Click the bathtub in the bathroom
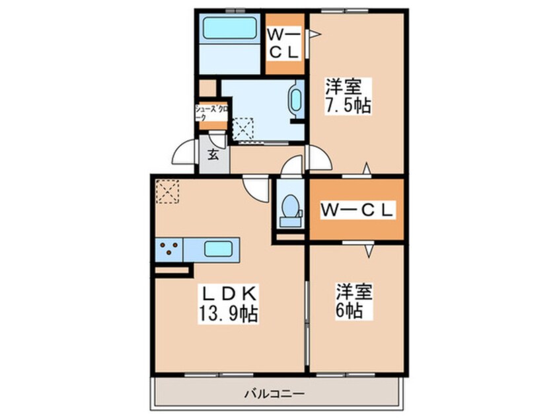click(x=229, y=30)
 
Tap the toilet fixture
click(x=289, y=208)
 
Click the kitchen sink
click(x=217, y=249)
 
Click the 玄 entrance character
click(x=213, y=156)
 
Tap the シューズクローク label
click(x=210, y=111)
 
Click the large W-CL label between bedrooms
click(x=357, y=210)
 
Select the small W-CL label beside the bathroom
click(x=284, y=42)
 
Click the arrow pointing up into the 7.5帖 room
click(x=367, y=167)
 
